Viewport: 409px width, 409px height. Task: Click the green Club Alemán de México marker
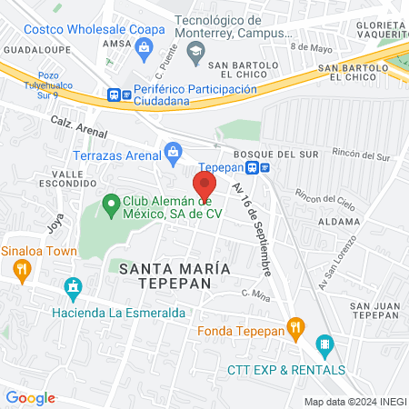tap(111, 206)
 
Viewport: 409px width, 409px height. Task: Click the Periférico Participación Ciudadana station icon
tap(115, 94)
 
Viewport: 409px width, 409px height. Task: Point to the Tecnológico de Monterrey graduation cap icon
tap(195, 52)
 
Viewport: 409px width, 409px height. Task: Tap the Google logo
tap(30, 398)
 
